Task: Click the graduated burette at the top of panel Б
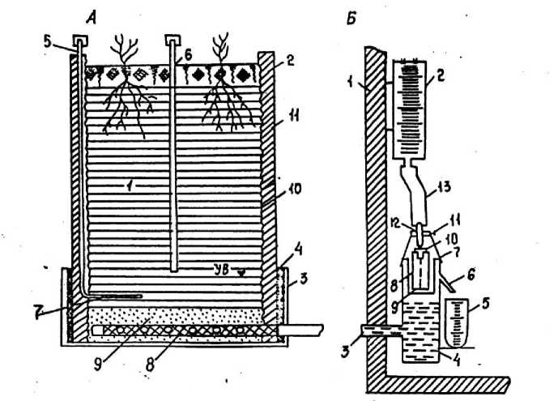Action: pyautogui.click(x=411, y=109)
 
